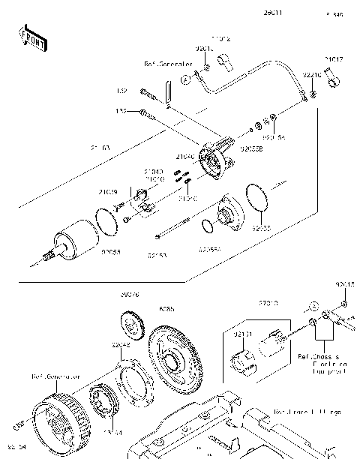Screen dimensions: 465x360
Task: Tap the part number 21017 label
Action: (x=334, y=58)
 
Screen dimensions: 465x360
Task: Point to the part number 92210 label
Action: (x=312, y=75)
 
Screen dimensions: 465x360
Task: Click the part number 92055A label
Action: (x=212, y=247)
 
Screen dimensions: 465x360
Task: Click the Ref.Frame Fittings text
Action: (x=307, y=412)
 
